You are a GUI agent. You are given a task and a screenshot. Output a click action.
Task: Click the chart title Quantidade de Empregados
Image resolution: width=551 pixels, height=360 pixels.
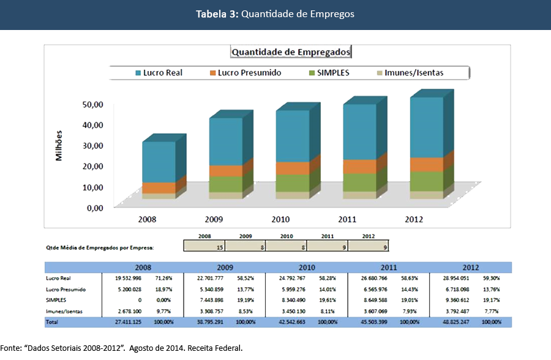(x=291, y=52)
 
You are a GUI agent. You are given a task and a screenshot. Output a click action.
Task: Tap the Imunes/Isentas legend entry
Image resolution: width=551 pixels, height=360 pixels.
(x=410, y=73)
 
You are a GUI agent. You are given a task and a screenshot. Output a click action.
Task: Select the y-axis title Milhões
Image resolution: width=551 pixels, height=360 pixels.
(x=59, y=144)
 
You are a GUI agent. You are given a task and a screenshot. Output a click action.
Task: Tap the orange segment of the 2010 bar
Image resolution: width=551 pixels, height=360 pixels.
(x=292, y=168)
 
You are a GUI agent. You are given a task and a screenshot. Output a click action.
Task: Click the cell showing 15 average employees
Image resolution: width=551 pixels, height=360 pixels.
(x=204, y=246)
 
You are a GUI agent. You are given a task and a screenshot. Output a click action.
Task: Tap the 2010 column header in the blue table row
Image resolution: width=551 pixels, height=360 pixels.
(x=306, y=268)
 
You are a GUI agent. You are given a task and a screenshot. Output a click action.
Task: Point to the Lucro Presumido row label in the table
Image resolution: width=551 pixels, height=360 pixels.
(x=66, y=290)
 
